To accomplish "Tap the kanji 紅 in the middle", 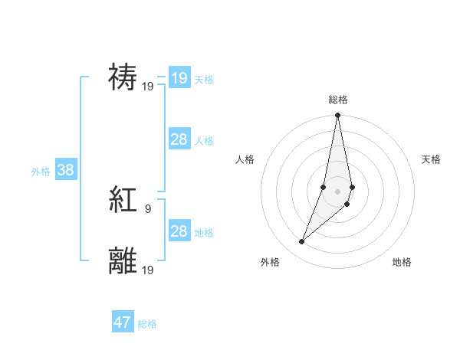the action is (123, 200).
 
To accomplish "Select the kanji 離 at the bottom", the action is (123, 260).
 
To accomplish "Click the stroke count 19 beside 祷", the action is (148, 86).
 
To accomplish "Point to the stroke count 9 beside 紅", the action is (147, 208).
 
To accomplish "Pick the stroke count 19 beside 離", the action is (148, 269).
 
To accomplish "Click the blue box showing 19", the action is (179, 77).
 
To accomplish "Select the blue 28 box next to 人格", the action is (179, 139).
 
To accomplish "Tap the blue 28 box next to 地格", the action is (179, 231).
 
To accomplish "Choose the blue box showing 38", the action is (65, 170).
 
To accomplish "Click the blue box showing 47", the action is (123, 322).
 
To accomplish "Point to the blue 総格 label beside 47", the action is (147, 324).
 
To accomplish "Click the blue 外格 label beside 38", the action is (41, 172).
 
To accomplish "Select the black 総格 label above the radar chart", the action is (338, 100).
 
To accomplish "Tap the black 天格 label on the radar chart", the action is (432, 159).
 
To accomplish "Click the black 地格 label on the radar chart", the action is (402, 262).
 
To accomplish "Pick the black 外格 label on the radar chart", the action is (270, 262).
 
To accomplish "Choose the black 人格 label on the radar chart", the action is (245, 159).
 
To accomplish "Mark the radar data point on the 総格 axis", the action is (338, 116).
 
